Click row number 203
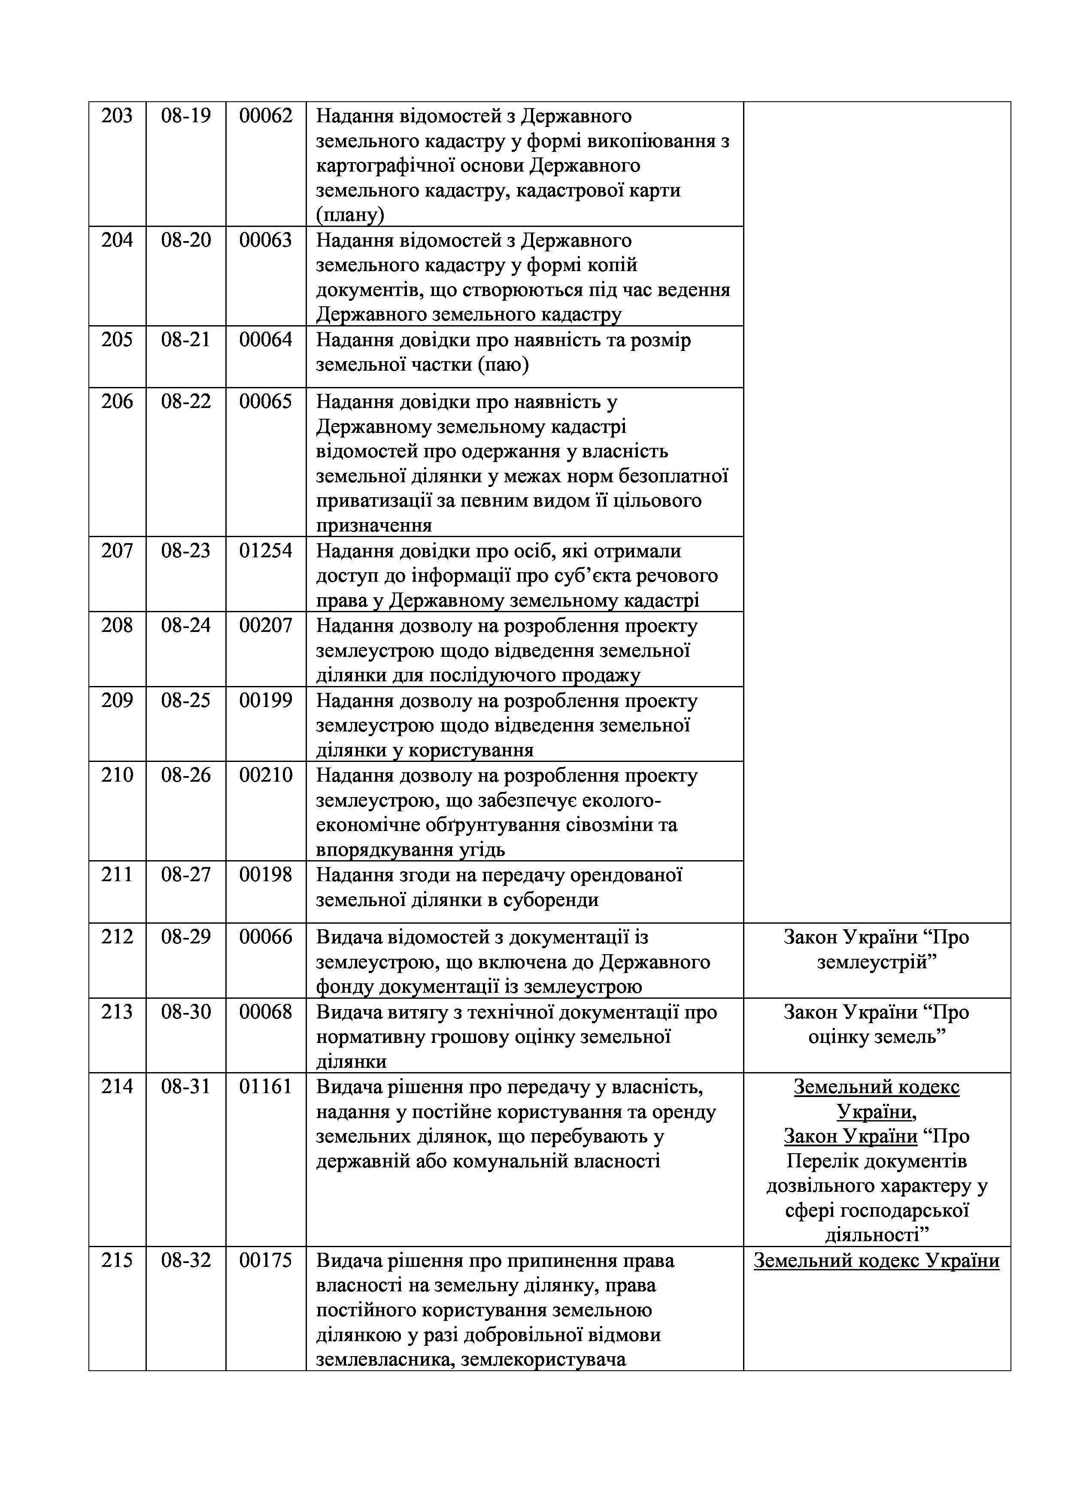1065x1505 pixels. [117, 116]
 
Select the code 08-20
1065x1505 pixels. [186, 241]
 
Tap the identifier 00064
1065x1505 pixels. [266, 340]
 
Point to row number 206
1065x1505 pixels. [117, 402]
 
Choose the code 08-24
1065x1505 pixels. [186, 626]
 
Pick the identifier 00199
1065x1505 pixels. [266, 701]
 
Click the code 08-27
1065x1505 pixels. [186, 875]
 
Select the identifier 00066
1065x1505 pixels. [266, 938]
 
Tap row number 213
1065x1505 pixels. [117, 1013]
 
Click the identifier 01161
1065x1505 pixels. [266, 1088]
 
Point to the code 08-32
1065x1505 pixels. [186, 1262]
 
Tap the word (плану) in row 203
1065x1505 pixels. [350, 215]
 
